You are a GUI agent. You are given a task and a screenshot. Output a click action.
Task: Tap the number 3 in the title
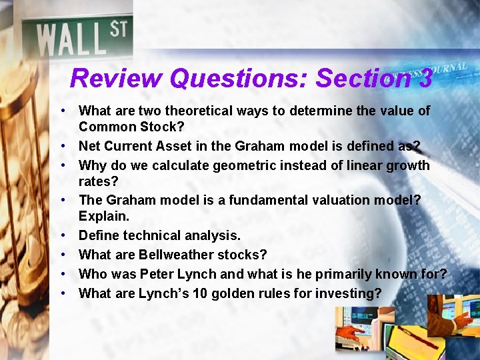(x=425, y=79)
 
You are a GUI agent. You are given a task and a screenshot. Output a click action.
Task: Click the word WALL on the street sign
(x=71, y=39)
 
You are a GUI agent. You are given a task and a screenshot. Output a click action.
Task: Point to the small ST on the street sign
(x=118, y=29)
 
